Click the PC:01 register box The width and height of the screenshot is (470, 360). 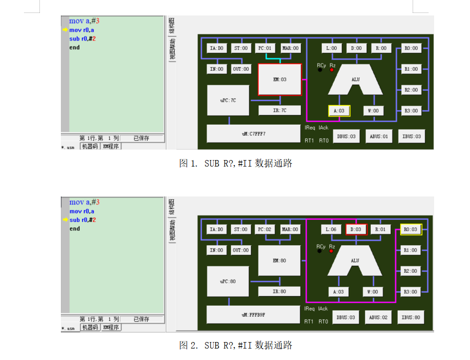click(x=265, y=48)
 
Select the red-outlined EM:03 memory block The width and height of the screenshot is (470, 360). click(x=280, y=79)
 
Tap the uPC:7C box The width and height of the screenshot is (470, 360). click(x=228, y=100)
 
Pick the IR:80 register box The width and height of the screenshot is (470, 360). click(x=279, y=292)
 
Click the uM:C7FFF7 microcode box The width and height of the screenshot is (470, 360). click(x=253, y=134)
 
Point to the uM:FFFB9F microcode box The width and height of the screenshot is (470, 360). click(x=253, y=315)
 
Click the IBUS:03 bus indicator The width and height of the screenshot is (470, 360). click(x=412, y=136)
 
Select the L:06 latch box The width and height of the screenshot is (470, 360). click(x=331, y=229)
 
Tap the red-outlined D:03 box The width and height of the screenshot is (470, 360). click(x=356, y=229)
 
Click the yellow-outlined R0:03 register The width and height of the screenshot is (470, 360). click(x=411, y=229)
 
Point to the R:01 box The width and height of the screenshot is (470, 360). click(x=381, y=229)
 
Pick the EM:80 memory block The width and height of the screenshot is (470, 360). click(x=279, y=261)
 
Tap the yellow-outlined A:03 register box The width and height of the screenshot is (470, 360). click(x=339, y=111)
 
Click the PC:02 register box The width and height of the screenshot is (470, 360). click(x=265, y=229)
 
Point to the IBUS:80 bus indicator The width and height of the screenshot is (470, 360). click(x=412, y=317)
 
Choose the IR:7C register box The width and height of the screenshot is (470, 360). click(x=279, y=111)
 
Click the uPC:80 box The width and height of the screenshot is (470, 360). click(x=228, y=281)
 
